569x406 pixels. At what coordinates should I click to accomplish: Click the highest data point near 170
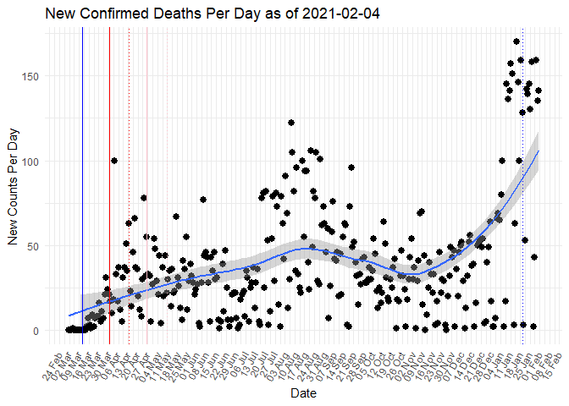516,41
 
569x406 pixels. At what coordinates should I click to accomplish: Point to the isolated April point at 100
113,161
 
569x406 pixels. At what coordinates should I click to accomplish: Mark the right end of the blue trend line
539,151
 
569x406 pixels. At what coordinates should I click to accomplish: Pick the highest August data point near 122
290,123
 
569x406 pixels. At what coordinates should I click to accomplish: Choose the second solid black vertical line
109,211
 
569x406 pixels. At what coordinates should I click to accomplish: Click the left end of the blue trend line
69,315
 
